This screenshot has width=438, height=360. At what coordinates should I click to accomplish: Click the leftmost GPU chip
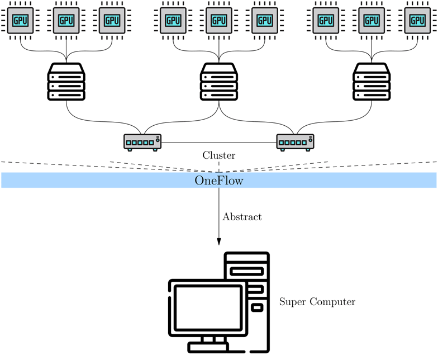click(x=21, y=21)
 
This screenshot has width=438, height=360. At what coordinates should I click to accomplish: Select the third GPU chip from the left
click(x=112, y=21)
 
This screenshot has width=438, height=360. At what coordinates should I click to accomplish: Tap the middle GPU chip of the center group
click(x=219, y=21)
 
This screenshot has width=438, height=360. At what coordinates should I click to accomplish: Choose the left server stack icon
click(x=66, y=82)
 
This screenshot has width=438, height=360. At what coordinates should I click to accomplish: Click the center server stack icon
click(x=219, y=82)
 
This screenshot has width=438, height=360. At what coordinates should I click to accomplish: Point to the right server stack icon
click(x=372, y=82)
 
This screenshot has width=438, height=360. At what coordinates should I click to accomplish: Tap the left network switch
click(x=142, y=142)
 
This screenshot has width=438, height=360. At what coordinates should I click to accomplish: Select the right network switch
click(x=296, y=142)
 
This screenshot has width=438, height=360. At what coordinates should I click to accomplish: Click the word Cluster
click(x=219, y=155)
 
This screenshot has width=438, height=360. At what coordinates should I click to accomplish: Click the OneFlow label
click(x=219, y=180)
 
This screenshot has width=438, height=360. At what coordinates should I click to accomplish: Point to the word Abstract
click(x=242, y=217)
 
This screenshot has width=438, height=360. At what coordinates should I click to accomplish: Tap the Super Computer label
click(x=317, y=302)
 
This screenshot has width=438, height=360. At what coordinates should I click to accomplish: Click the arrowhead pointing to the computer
click(x=219, y=240)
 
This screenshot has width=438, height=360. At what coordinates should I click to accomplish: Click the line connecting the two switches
click(x=219, y=143)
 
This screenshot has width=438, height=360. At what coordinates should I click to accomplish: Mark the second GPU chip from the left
click(x=66, y=21)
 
